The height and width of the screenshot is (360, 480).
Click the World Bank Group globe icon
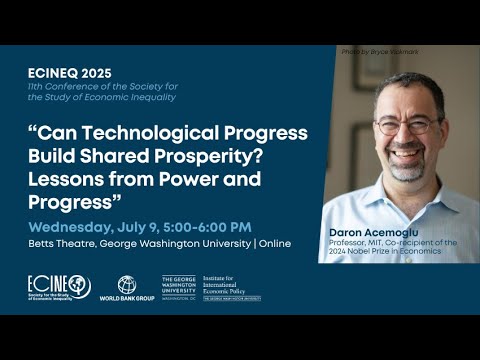pos(127,284)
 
